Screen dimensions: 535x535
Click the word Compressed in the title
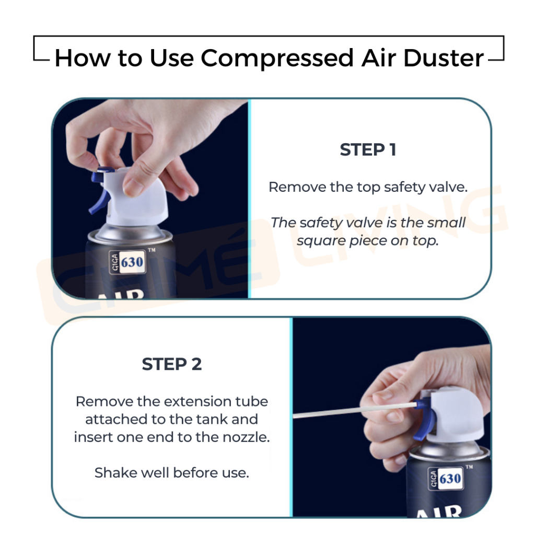click(277, 59)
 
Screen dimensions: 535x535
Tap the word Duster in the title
click(443, 57)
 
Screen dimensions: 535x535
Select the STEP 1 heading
click(368, 149)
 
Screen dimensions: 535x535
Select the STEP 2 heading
click(171, 364)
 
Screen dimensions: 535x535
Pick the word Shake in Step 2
click(116, 473)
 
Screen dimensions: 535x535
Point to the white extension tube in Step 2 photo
click(355, 410)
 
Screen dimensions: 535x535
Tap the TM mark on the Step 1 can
click(152, 250)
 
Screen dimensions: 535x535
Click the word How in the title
click(82, 59)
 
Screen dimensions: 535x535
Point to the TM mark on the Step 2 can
click(469, 467)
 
